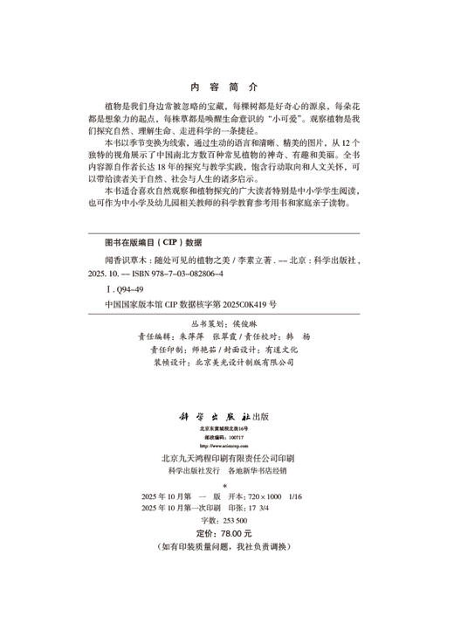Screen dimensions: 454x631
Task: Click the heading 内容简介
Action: (x=225, y=87)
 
